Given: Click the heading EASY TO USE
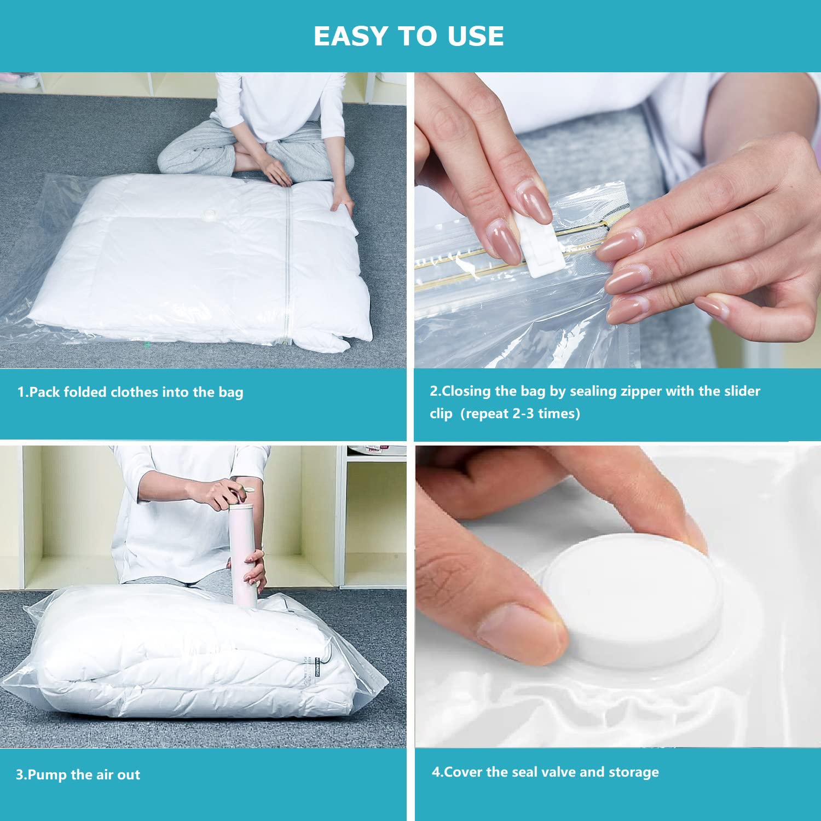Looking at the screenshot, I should coord(408,37).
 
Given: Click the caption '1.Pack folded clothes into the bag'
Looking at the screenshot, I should coord(130,392).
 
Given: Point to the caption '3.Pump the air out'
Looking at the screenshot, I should coord(78,774).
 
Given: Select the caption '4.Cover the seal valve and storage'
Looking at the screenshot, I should coord(545,772).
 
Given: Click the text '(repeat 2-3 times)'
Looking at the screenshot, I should coord(520,413).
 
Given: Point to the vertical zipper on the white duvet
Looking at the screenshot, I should coord(287,263).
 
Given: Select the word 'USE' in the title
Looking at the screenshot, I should coord(475,37).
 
